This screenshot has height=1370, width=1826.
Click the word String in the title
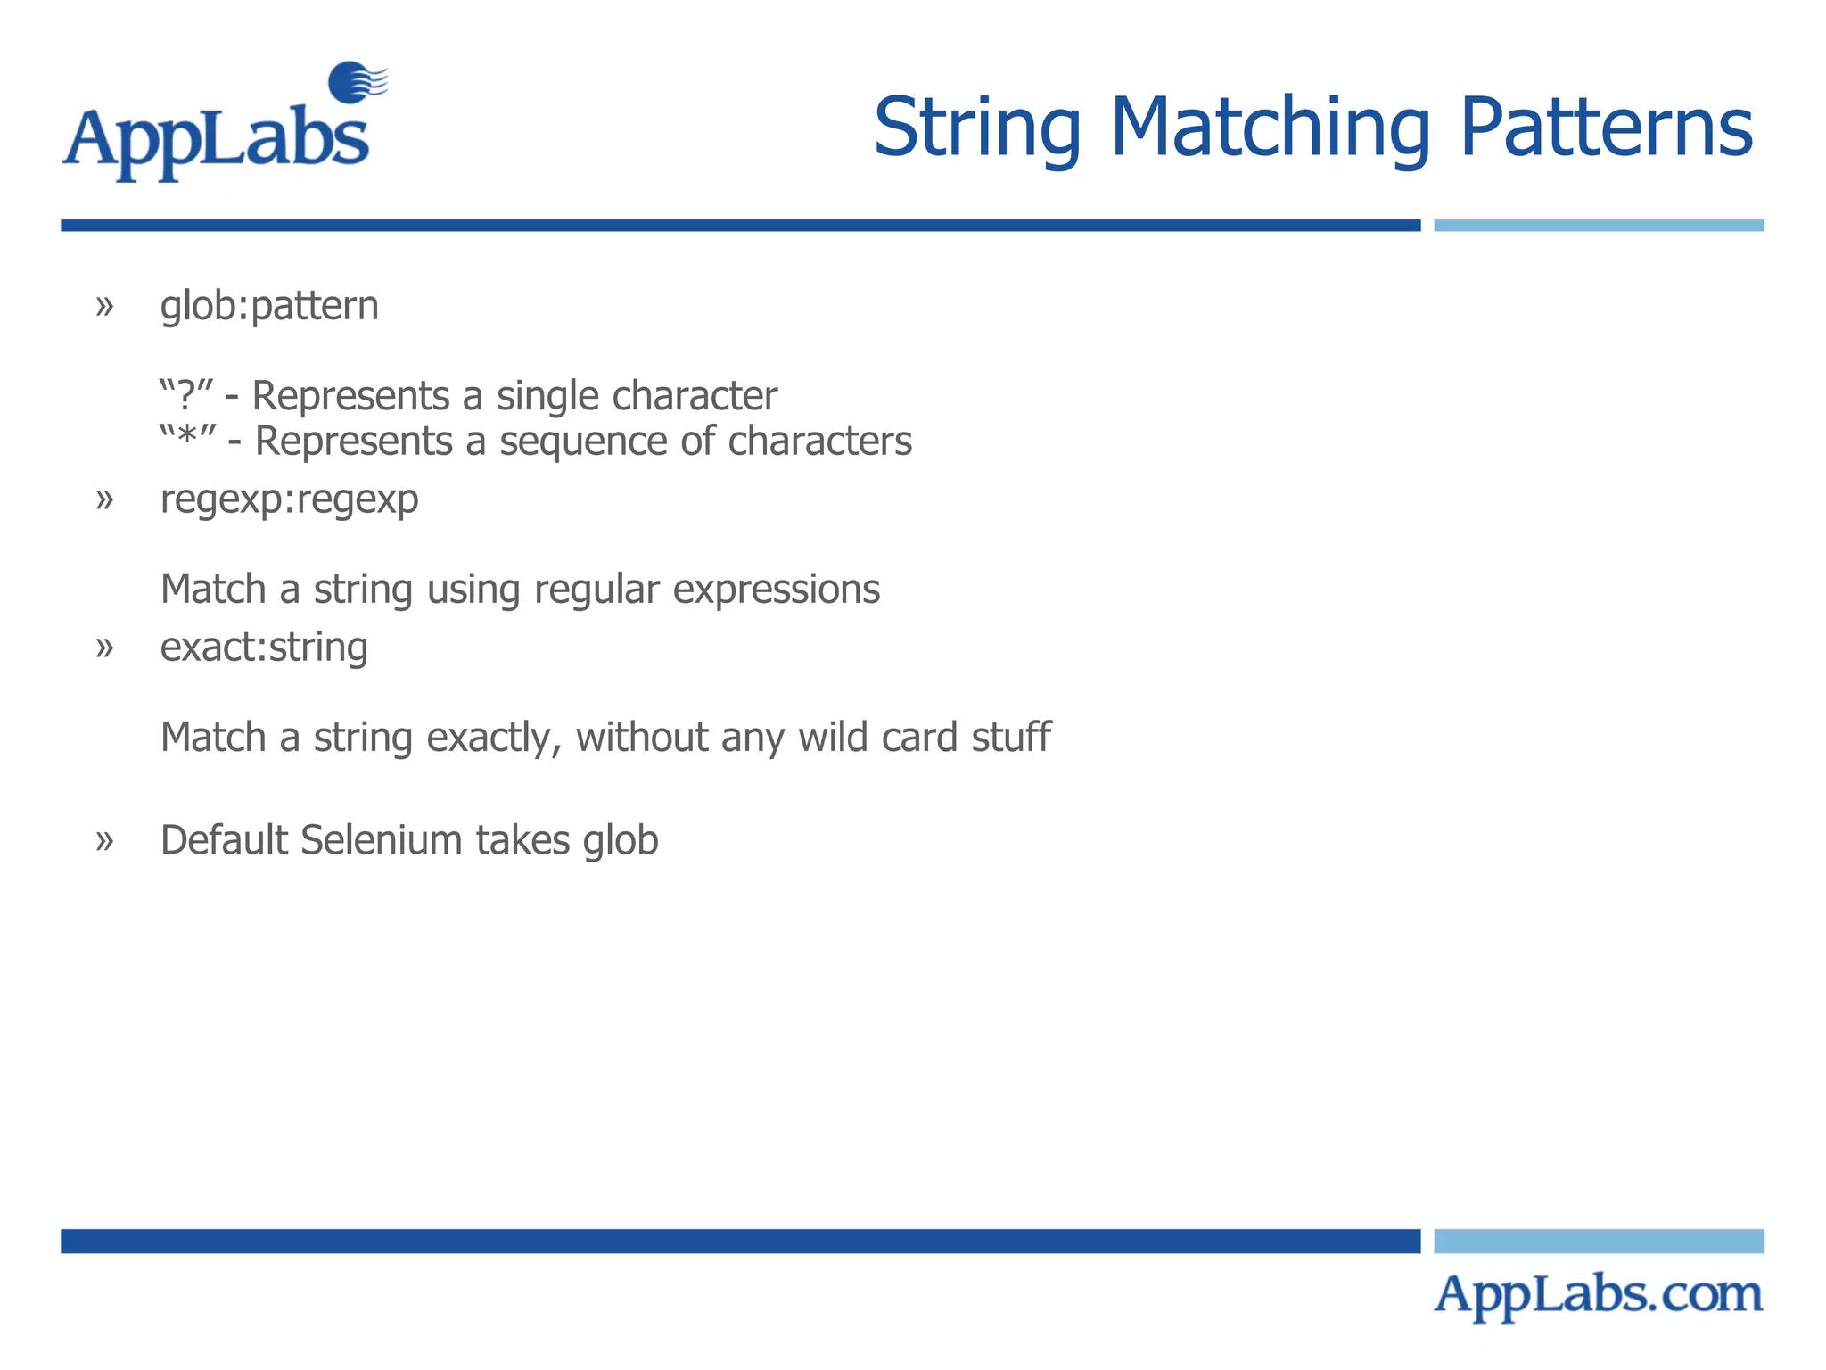click(976, 129)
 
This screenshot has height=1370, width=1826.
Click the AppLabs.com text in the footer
click(1598, 1294)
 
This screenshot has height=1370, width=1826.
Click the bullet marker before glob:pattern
click(105, 306)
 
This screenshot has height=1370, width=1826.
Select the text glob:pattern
click(269, 306)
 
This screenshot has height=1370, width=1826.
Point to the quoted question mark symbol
click(186, 394)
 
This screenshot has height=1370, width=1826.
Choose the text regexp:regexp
click(289, 499)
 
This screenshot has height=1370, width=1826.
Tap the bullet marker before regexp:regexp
click(105, 499)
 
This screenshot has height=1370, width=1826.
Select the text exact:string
click(264, 648)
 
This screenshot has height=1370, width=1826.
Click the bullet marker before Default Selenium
click(105, 840)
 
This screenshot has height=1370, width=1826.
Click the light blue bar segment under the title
click(1598, 226)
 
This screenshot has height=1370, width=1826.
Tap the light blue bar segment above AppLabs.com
click(1598, 1241)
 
